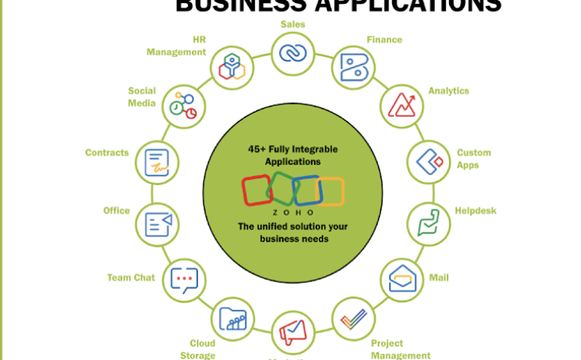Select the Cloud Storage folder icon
tap(233, 318)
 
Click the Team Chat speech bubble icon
tap(184, 280)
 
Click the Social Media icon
tap(182, 106)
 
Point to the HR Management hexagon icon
tap(232, 67)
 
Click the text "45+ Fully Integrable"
tap(293, 149)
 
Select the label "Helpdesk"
tap(475, 211)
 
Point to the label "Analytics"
tap(448, 91)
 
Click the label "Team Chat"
tap(130, 277)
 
